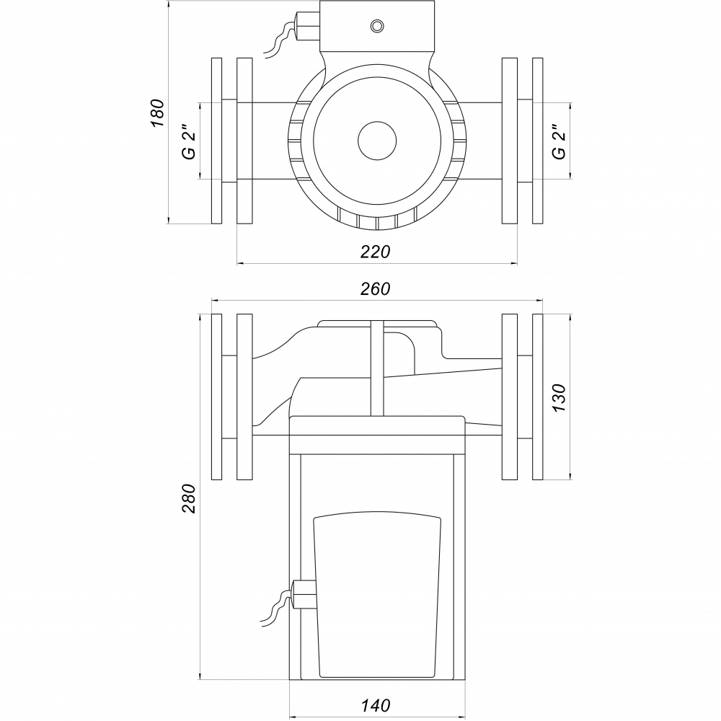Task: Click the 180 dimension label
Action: click(x=157, y=113)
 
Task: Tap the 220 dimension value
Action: click(x=375, y=252)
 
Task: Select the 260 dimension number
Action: click(x=375, y=289)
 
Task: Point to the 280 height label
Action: click(x=189, y=498)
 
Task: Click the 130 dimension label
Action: click(x=559, y=397)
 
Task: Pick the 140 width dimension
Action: click(x=375, y=705)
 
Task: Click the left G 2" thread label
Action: click(x=189, y=141)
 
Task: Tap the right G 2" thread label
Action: click(x=559, y=141)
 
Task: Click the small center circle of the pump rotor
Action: click(x=377, y=141)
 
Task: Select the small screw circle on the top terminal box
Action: click(x=377, y=26)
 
